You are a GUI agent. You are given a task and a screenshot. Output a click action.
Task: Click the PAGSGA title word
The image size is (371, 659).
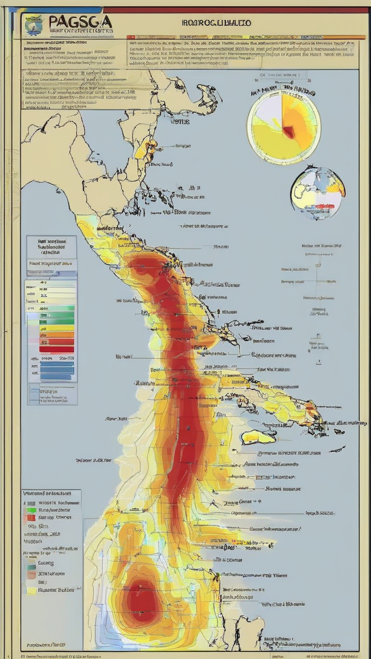point(80,22)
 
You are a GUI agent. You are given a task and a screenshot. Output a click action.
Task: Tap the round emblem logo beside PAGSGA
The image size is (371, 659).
point(34,24)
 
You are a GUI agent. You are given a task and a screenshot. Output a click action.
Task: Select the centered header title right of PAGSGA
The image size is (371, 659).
point(216,23)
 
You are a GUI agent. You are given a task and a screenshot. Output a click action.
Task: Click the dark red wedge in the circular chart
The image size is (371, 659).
point(289,132)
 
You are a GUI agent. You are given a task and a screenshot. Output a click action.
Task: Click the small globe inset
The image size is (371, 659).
point(317,192)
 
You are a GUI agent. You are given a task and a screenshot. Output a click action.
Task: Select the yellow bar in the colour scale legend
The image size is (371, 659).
point(57,327)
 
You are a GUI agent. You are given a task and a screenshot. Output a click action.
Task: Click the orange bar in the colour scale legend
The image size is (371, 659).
point(57,335)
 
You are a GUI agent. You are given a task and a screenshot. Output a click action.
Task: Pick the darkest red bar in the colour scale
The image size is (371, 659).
point(57,349)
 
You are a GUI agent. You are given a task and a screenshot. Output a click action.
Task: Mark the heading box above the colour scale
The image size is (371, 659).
point(51,247)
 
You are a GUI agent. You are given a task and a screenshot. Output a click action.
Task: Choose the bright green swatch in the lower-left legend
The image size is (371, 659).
point(31,510)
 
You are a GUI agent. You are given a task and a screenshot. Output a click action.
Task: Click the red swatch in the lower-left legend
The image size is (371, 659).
point(31,517)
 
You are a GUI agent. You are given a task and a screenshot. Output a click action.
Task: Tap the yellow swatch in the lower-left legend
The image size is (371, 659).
point(32,591)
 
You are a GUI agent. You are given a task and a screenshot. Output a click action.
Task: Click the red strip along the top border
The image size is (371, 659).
point(232,10)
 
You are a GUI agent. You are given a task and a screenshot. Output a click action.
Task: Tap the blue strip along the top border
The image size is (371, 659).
point(62,10)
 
